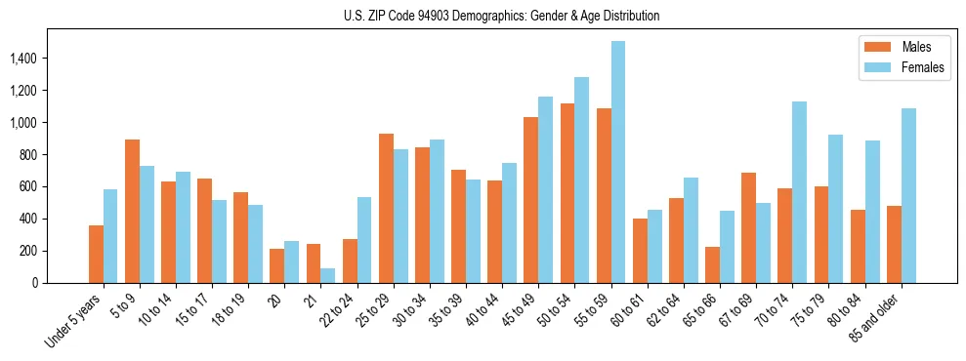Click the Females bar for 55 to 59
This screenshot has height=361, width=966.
pyautogui.click(x=618, y=162)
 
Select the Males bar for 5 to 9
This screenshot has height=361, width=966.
pyautogui.click(x=132, y=211)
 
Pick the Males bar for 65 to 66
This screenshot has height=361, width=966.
pyautogui.click(x=713, y=264)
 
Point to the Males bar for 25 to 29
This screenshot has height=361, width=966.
pyautogui.click(x=386, y=208)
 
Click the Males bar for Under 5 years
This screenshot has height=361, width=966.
pyautogui.click(x=96, y=254)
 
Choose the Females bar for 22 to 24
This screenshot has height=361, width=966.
pyautogui.click(x=364, y=240)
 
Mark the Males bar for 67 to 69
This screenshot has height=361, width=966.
pyautogui.click(x=749, y=227)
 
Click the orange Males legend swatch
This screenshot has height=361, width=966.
pyautogui.click(x=872, y=47)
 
